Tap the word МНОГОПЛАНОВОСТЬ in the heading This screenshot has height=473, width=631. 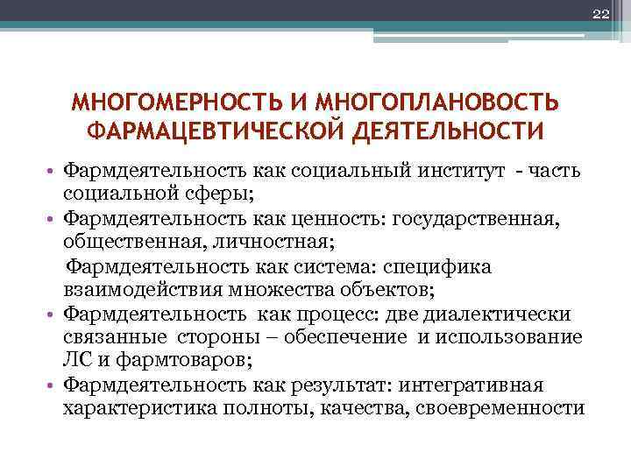(x=436, y=103)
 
